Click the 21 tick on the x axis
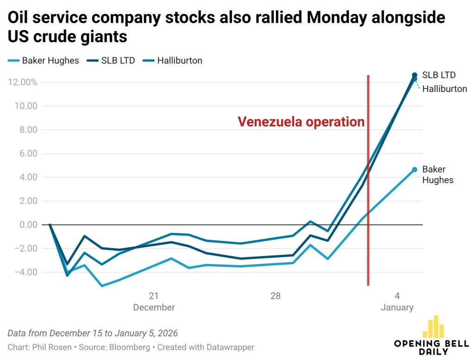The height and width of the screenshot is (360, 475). [x=154, y=296]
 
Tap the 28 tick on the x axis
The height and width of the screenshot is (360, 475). [x=276, y=296]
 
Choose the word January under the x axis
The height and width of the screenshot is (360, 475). [x=397, y=308]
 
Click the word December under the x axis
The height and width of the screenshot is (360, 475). [x=154, y=308]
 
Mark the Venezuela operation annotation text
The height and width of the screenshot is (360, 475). [x=301, y=122]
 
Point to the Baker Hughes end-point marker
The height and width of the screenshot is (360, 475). [x=414, y=170]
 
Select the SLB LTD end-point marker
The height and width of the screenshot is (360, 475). [x=414, y=75]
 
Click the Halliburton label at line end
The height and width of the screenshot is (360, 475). [x=444, y=89]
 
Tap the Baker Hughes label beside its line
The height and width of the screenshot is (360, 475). [x=437, y=175]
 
